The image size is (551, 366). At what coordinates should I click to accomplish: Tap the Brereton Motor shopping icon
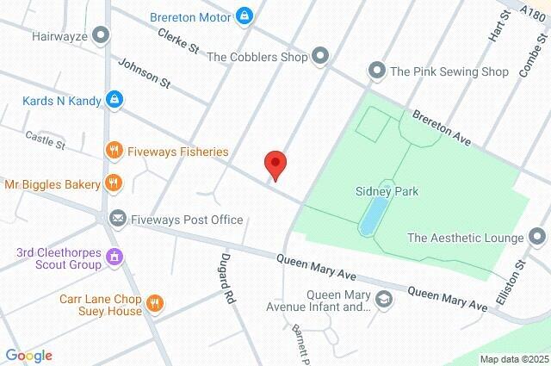pos(245,16)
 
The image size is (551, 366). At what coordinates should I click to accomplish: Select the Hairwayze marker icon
pos(102,36)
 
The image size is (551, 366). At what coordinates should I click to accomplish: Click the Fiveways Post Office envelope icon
pos(116,220)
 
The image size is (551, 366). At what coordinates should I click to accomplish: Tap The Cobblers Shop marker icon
pos(320,57)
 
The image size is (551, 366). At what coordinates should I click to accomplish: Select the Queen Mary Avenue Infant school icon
pos(385,300)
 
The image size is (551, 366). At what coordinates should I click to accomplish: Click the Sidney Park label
pos(387,191)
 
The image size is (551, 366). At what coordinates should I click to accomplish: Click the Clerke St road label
pos(179,39)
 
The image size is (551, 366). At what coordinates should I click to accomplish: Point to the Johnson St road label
pos(144,73)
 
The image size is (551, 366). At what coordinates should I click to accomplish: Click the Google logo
pos(28,355)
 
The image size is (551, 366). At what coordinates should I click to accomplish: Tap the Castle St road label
pos(46,139)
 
